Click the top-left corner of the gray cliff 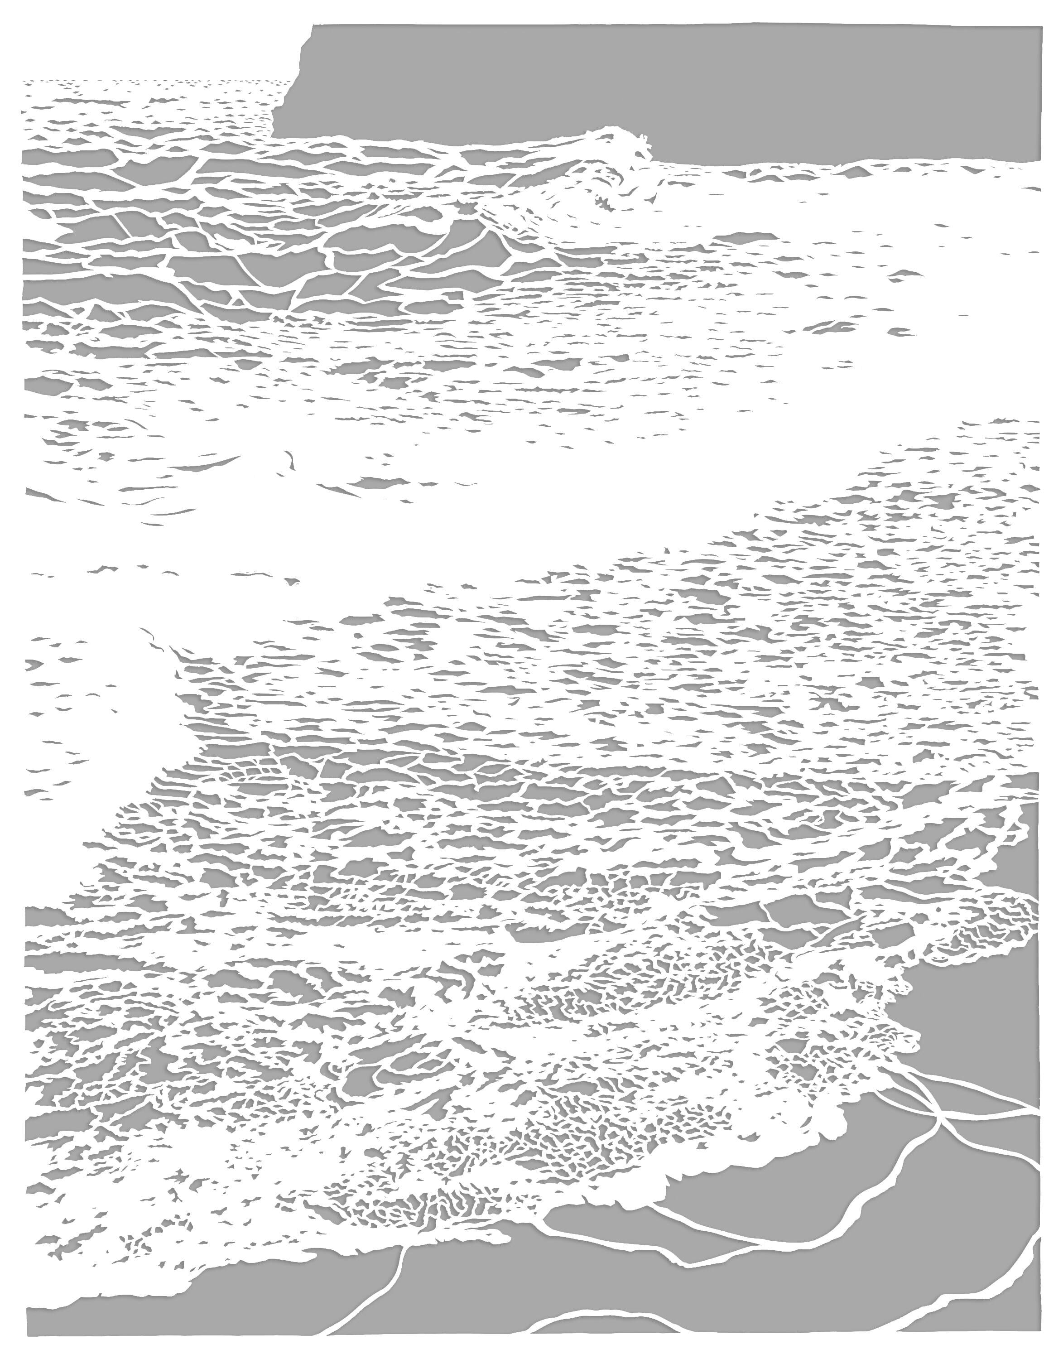point(313,26)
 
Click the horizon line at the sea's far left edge point(24,81)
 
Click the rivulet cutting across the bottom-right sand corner point(983,1314)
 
